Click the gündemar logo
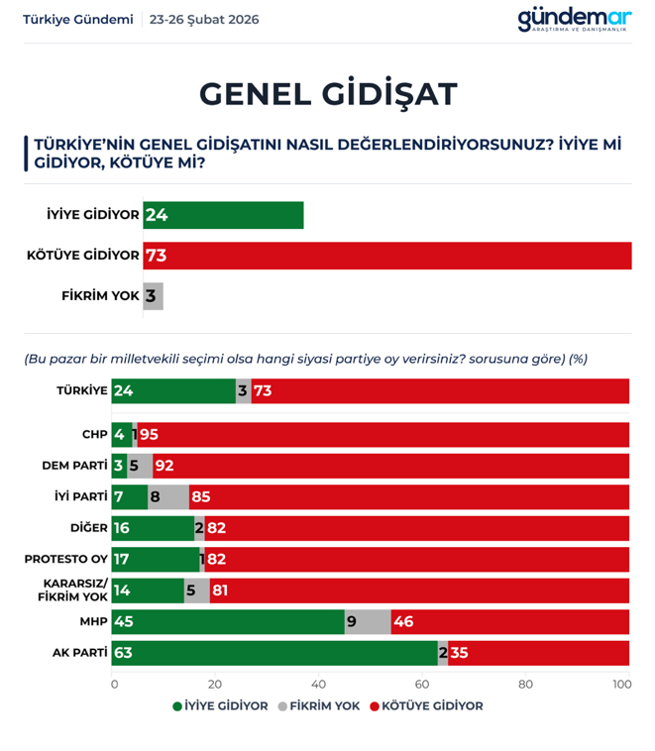pyautogui.click(x=574, y=19)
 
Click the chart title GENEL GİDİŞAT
pyautogui.click(x=328, y=93)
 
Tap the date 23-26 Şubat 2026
pyautogui.click(x=204, y=20)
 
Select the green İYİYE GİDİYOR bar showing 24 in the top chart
pyautogui.click(x=223, y=215)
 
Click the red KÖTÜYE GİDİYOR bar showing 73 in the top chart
pyautogui.click(x=386, y=256)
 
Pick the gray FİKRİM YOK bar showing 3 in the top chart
pyautogui.click(x=153, y=296)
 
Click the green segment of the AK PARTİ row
pyautogui.click(x=275, y=653)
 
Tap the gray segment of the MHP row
pyautogui.click(x=368, y=622)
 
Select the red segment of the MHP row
pyautogui.click(x=509, y=622)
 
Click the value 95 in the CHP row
pyautogui.click(x=149, y=435)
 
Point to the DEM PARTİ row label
pyautogui.click(x=74, y=465)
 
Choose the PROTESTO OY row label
pyautogui.click(x=66, y=559)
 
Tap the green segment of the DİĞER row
pyautogui.click(x=154, y=528)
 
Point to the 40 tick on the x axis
pyautogui.click(x=318, y=684)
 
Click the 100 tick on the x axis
pyautogui.click(x=621, y=684)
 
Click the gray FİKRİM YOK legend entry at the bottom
pyautogui.click(x=318, y=706)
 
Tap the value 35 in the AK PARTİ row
pyautogui.click(x=460, y=653)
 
